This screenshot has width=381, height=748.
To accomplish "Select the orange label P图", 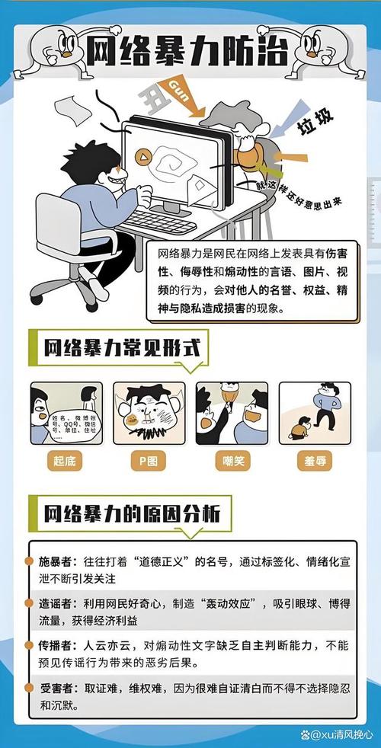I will coord(149,461).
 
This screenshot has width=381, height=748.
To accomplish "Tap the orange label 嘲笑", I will coord(232,461).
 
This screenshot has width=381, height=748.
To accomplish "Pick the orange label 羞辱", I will coord(314,461).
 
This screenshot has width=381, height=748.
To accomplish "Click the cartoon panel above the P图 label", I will coord(149,413).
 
